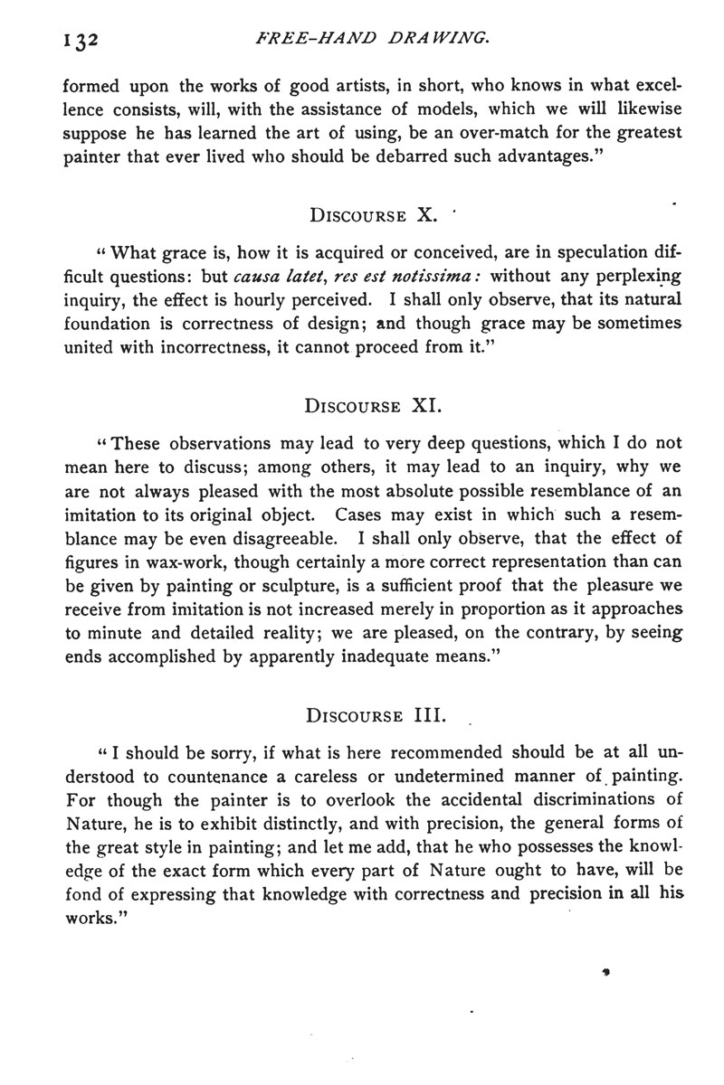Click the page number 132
79,41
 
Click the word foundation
104,324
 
